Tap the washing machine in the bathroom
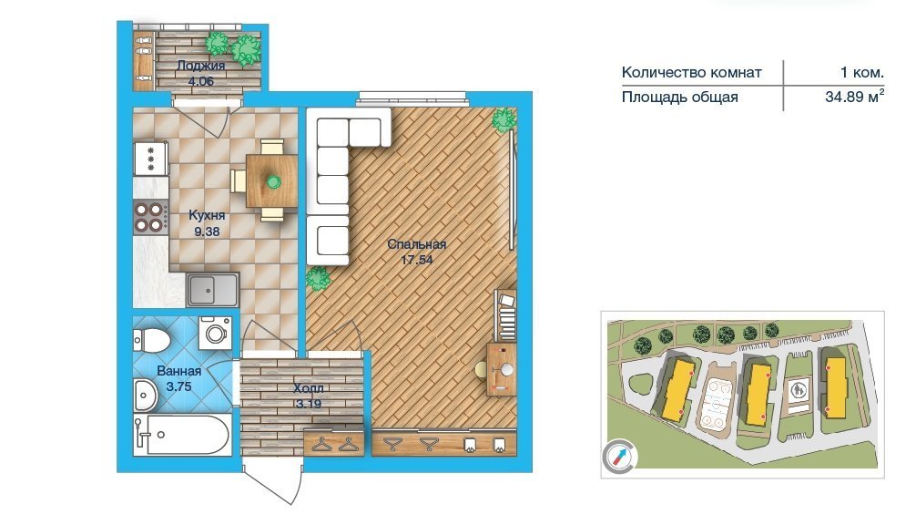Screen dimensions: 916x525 coord(215,334)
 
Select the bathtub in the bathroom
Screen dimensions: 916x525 coord(182,435)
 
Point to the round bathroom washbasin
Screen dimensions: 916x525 coord(145,394)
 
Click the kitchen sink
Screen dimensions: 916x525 coord(213,290)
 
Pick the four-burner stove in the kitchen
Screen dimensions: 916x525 coord(150,217)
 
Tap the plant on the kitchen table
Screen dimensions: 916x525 coord(273,181)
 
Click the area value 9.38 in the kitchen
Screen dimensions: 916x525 coord(207,232)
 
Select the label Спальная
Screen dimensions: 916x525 coord(416,244)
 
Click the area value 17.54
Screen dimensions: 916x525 coord(416,260)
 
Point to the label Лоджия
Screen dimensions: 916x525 coord(201,66)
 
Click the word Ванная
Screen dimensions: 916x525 coord(178,371)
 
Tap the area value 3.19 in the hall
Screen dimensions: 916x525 coord(308,404)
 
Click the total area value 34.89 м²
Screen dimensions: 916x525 coord(854,97)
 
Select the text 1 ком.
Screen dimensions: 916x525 coord(861,73)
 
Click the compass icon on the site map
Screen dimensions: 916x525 coord(619,456)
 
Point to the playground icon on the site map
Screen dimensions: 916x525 coord(798,390)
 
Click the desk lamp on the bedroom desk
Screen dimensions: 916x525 coord(505,369)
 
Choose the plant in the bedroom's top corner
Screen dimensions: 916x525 coord(503,119)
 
